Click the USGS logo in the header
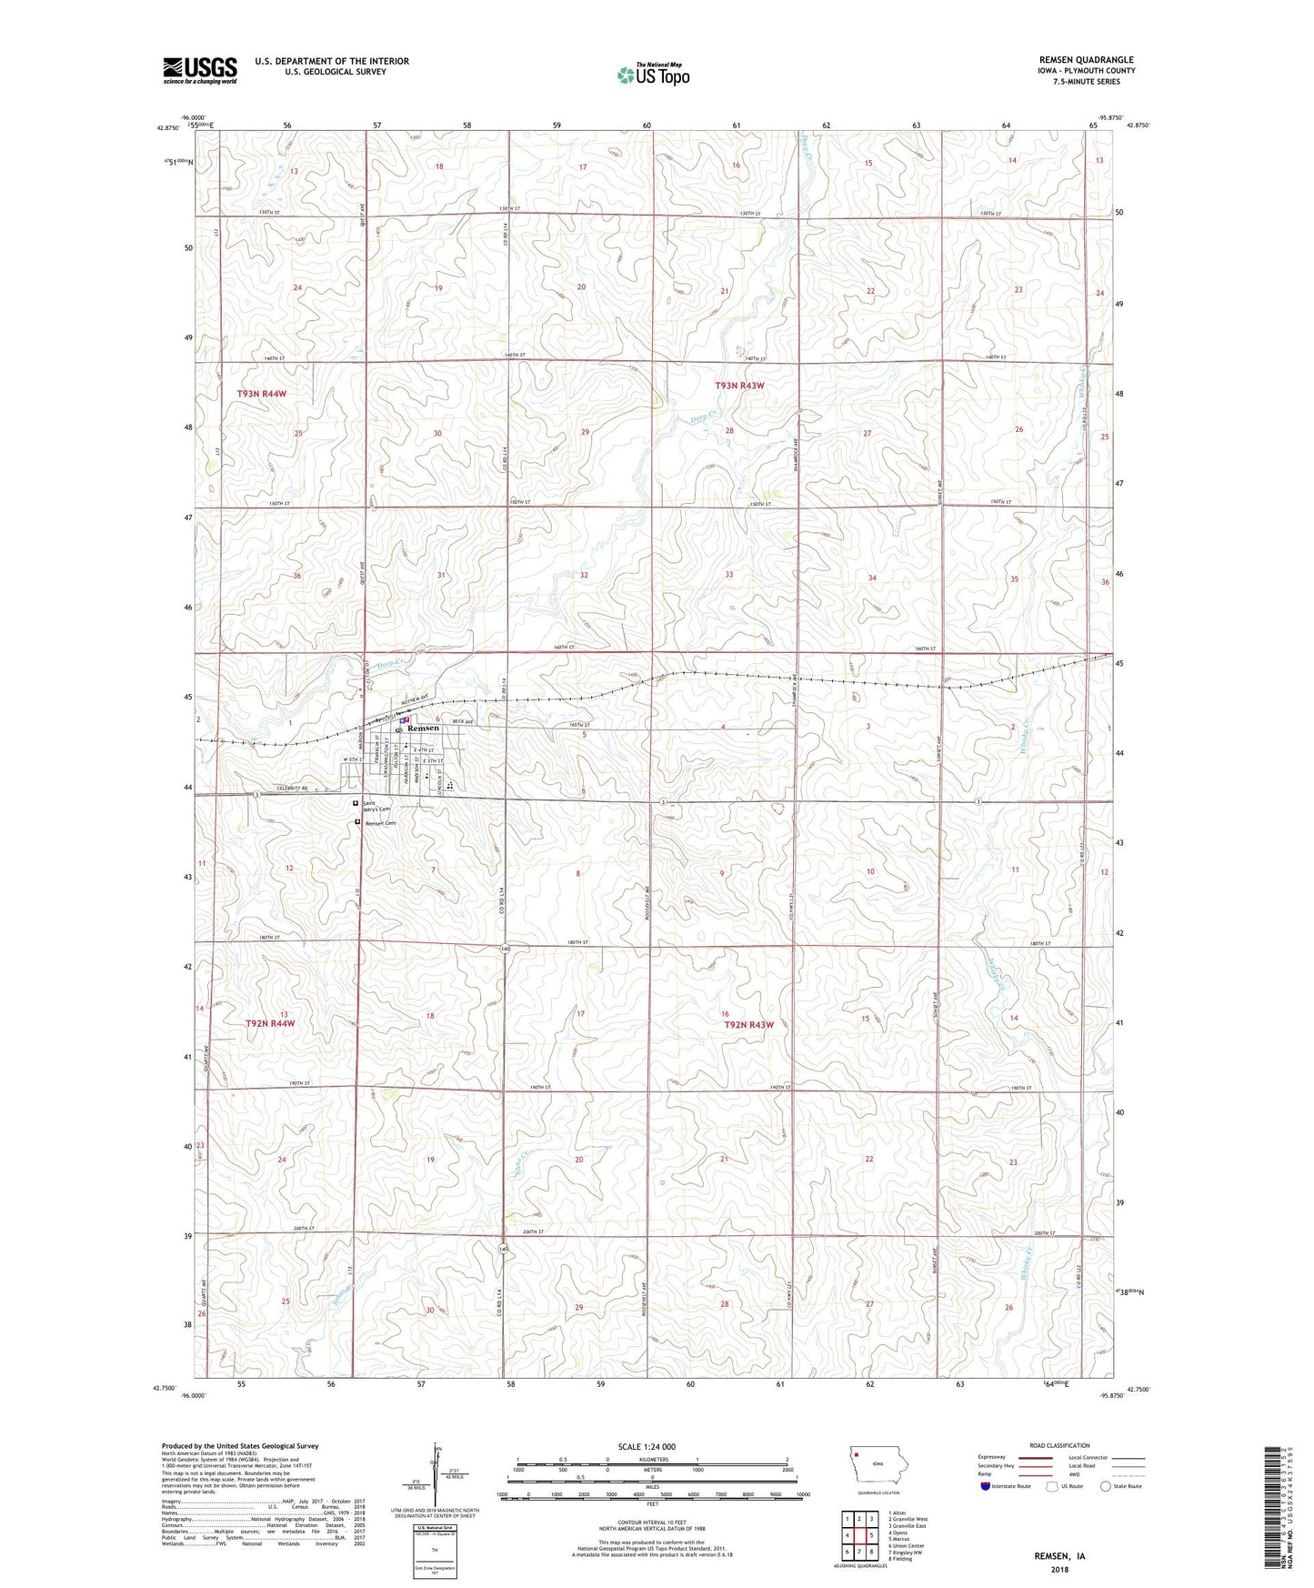200,69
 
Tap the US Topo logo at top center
653,75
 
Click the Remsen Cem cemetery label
381,823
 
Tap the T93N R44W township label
262,394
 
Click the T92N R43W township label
748,1025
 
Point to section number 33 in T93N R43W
729,575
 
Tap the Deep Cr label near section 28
701,420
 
